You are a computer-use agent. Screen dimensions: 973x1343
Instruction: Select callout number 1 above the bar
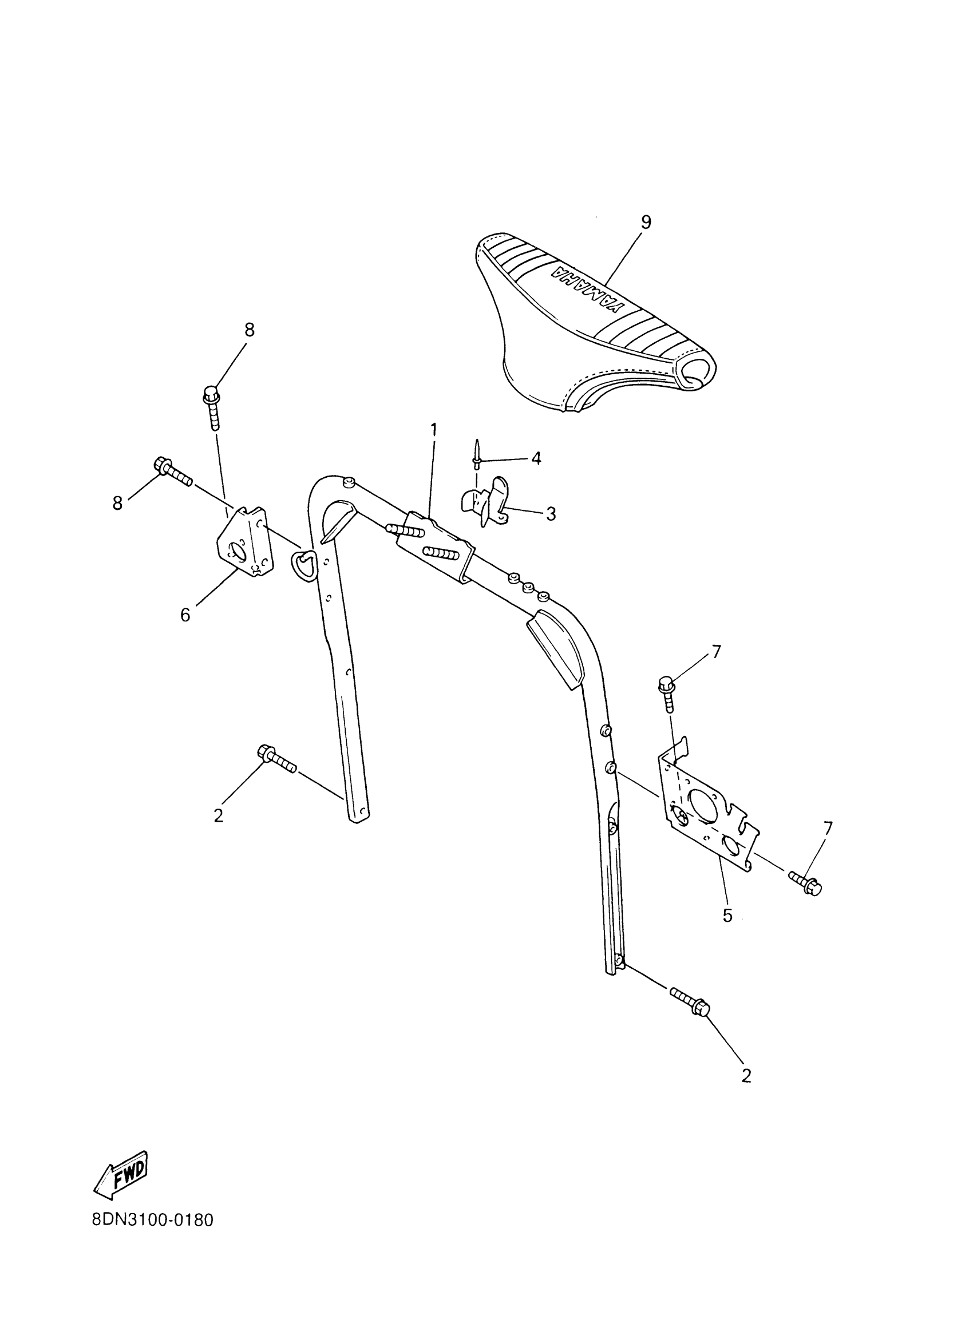click(433, 429)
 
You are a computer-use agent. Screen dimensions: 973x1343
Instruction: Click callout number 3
click(551, 514)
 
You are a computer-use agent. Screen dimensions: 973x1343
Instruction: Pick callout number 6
click(185, 615)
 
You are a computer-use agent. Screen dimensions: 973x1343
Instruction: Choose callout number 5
click(727, 916)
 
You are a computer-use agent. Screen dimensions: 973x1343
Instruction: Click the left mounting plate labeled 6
click(244, 540)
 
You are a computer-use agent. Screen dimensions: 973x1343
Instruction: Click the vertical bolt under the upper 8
click(212, 408)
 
